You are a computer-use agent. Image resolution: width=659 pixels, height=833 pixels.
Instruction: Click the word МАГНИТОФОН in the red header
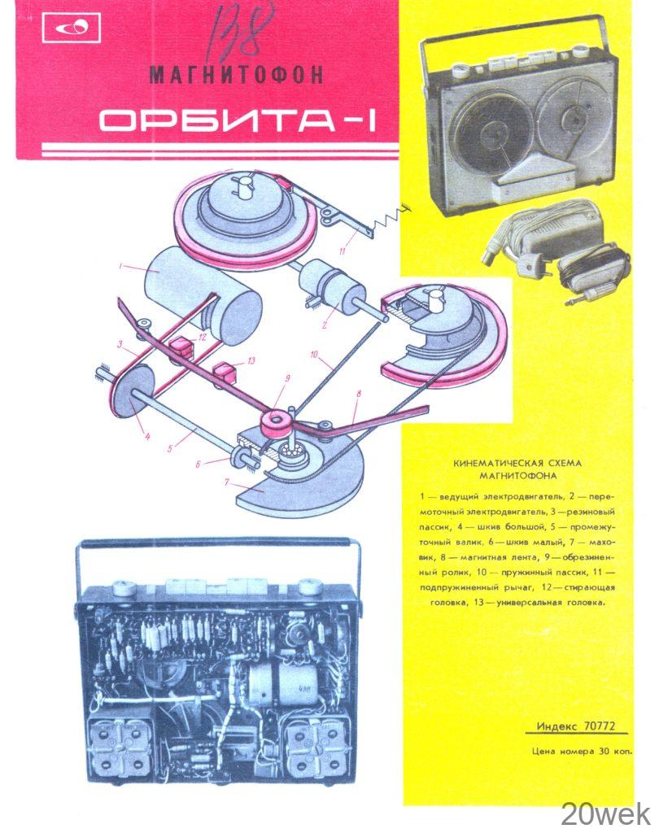pos(236,75)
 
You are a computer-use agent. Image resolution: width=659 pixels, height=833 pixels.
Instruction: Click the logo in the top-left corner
pos(72,30)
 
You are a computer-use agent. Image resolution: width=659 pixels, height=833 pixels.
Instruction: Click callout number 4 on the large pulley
pos(147,414)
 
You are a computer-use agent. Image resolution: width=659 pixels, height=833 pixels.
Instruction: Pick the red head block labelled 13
pos(223,374)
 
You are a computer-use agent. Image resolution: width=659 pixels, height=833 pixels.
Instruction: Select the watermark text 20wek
pos(605,813)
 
